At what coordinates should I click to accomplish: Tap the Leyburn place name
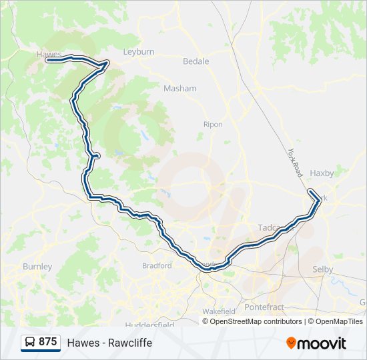coord(139,51)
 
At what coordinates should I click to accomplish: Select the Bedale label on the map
coord(196,61)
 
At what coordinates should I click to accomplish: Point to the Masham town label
coord(180,88)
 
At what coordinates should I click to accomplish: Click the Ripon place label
coord(213,124)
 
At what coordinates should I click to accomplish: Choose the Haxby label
coord(322,173)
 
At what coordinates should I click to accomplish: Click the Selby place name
coord(322,269)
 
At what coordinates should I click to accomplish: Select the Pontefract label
coord(264,307)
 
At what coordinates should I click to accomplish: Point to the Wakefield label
coord(219,311)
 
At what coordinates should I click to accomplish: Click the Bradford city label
coord(157,265)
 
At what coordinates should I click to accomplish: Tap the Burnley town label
coord(37,267)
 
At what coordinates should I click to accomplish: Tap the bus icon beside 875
coord(30,342)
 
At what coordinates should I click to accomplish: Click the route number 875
coord(48,342)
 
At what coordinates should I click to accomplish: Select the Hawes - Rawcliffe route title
coord(109,343)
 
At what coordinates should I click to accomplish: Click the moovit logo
coord(316,343)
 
